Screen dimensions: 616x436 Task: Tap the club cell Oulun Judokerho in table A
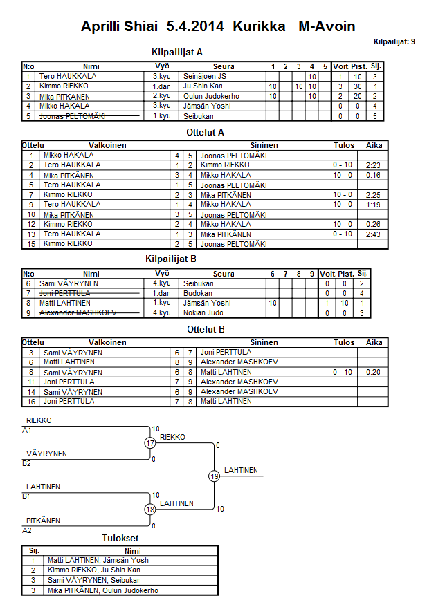pos(208,96)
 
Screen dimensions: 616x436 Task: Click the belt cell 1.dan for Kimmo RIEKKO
pos(162,86)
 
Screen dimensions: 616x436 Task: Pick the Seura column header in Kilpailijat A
pos(224,66)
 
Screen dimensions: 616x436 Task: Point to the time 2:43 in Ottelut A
pos(374,234)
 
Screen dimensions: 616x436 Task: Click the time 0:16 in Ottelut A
pos(374,176)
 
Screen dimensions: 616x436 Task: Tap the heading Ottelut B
pos(206,329)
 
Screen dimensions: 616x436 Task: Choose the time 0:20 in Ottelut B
pos(374,372)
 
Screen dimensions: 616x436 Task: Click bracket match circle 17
pos(150,443)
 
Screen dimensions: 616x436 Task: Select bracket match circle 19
pos(214,476)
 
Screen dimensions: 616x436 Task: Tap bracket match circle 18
pos(150,510)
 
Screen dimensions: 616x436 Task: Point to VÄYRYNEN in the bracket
pos(46,454)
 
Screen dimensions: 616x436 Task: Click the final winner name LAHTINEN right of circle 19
pos(241,470)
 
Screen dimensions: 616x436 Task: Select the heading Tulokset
pos(120,539)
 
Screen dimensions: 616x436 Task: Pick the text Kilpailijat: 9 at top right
pos(394,42)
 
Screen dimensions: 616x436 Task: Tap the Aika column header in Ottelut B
pos(374,342)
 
